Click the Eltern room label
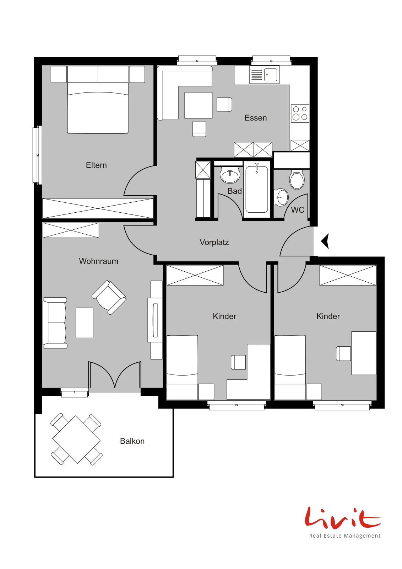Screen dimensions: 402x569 96,165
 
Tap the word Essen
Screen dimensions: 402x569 256,118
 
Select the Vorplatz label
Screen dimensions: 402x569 214,242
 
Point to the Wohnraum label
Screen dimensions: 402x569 98,261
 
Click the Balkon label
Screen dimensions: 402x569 132,441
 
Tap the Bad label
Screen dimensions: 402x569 235,191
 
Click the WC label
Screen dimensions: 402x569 298,210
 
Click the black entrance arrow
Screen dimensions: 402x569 325,241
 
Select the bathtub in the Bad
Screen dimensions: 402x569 257,189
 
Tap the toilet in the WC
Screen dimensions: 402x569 297,179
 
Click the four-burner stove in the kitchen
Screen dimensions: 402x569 300,113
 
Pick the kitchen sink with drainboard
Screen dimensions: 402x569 264,75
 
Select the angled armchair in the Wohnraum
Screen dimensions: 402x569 109,297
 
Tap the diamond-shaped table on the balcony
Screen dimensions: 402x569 76,440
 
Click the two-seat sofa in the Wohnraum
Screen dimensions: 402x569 55,323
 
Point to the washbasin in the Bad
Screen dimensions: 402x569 230,175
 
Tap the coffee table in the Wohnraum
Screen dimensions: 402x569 85,323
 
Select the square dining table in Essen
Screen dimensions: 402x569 199,105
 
